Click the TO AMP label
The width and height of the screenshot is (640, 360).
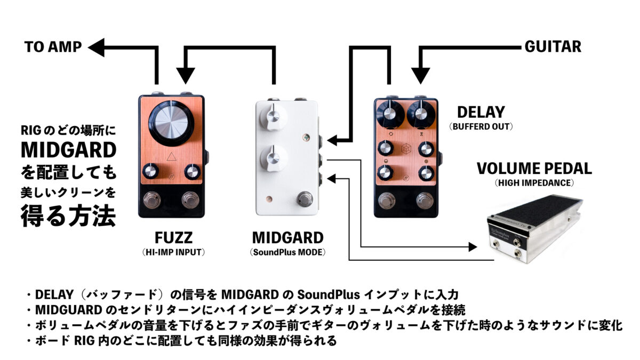(53, 47)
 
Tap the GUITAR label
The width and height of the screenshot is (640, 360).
(553, 46)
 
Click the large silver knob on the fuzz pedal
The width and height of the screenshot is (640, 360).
(171, 123)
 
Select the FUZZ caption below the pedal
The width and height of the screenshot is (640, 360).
(173, 237)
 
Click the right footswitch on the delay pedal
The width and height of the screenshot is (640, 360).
(425, 201)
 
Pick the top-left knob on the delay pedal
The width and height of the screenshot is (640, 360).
(390, 114)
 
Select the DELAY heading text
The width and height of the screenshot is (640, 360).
(481, 112)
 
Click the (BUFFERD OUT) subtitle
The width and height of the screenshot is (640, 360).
(481, 126)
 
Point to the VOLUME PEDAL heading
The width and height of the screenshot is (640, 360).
(534, 169)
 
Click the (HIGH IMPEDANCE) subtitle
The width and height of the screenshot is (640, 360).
(534, 183)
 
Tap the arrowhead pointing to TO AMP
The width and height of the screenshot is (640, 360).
(97, 47)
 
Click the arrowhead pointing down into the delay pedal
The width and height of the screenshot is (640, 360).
(421, 76)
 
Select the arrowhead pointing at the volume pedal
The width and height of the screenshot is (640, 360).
(473, 247)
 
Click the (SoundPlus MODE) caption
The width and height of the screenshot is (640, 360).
(287, 252)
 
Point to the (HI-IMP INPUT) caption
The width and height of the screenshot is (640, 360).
(173, 252)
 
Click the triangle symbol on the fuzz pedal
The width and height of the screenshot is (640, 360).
(171, 157)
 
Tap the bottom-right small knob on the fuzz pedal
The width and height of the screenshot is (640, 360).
(193, 172)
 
